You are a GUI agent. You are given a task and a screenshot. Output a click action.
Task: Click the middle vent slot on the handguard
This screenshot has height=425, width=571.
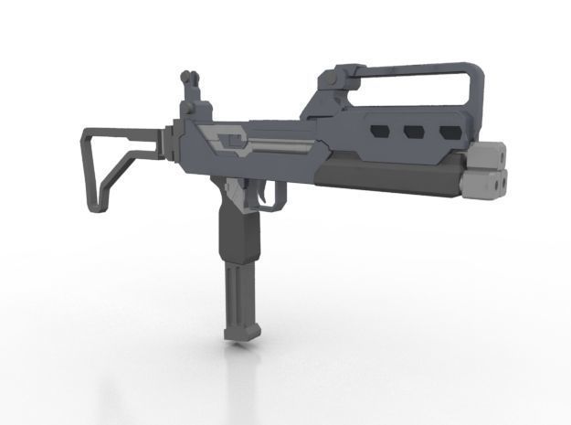click(x=413, y=131)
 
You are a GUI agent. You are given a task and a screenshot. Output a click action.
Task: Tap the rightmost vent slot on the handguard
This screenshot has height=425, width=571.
click(x=449, y=131)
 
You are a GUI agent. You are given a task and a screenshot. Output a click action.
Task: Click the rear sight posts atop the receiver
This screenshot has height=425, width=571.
click(x=189, y=82)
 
